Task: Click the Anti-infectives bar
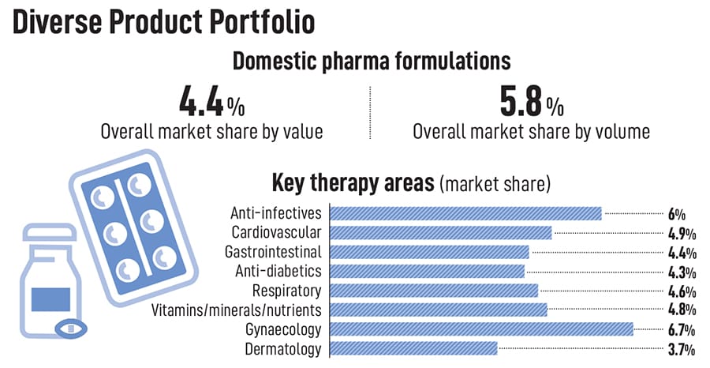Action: pos(465,213)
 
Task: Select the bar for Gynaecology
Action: pos(481,329)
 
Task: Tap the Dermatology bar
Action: pos(413,349)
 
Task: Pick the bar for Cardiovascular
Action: pos(440,232)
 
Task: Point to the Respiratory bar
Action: pos(433,291)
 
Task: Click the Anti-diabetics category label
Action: pos(278,272)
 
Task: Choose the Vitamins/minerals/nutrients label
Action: pos(236,310)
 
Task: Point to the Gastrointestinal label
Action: pos(273,252)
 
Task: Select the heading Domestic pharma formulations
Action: pos(370,61)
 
